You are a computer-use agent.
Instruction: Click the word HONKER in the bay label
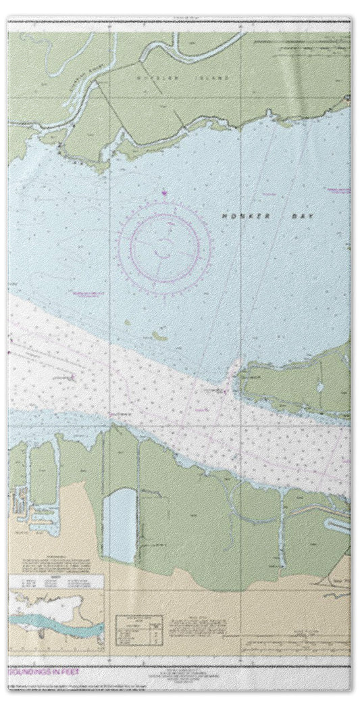[x=235, y=216]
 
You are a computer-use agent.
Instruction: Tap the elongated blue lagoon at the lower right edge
[x=336, y=524]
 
